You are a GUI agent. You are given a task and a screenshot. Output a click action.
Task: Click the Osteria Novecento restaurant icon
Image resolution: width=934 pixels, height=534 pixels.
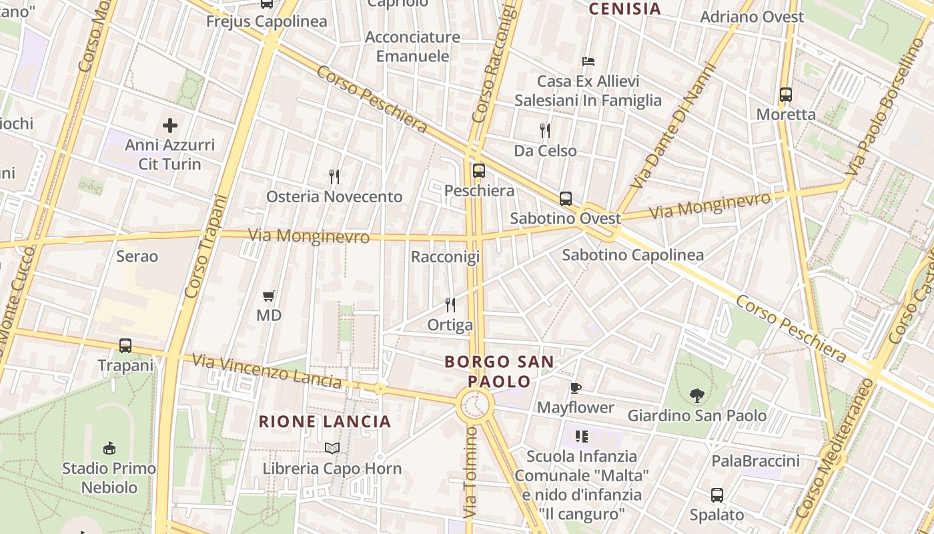point(335,177)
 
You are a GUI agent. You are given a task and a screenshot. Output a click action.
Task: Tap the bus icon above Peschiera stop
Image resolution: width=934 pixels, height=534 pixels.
point(479,170)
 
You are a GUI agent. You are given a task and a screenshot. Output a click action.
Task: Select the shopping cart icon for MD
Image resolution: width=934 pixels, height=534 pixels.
point(269,296)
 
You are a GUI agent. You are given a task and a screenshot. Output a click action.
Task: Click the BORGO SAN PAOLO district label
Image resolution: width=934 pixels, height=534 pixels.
point(499,372)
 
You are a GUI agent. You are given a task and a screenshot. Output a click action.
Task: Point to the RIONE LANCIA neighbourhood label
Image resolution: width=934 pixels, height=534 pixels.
point(324,422)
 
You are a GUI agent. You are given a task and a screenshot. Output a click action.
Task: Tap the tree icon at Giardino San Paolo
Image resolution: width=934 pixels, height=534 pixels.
point(697,396)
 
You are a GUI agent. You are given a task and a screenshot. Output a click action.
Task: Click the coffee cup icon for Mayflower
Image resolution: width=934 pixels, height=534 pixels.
point(576,388)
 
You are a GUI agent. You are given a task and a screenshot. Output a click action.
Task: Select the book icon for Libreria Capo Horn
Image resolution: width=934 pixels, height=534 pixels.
point(332,448)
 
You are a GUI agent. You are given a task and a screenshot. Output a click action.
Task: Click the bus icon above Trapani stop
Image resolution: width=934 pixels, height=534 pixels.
point(125,346)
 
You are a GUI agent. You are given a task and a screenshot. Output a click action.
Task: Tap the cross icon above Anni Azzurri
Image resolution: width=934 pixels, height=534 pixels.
point(170,125)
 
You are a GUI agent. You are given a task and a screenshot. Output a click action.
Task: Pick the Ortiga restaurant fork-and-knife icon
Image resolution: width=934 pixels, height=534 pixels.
point(450,305)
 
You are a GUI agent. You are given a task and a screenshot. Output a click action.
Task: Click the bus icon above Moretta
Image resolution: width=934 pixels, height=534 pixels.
point(786,95)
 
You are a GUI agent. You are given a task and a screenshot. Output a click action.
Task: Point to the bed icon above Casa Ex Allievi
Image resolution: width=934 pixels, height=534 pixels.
point(588,61)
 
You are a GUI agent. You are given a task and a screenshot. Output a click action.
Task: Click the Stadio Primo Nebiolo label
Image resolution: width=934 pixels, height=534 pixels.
point(109,477)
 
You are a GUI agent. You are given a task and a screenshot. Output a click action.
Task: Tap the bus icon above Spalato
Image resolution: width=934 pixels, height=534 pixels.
point(717,495)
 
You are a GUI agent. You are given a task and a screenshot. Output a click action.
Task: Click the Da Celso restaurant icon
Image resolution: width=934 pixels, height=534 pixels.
point(545,130)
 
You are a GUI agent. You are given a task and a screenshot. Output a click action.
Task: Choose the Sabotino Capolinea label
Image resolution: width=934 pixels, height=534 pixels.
point(632,255)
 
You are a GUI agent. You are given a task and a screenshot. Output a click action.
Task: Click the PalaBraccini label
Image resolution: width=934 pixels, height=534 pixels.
point(755,461)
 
